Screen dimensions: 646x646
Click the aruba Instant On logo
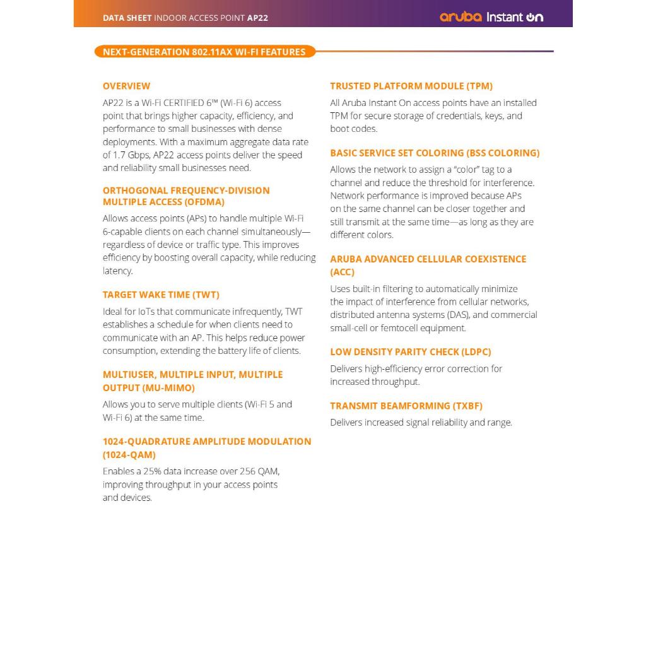click(491, 17)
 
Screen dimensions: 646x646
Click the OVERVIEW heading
click(126, 86)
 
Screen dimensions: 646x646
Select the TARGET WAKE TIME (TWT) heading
click(161, 295)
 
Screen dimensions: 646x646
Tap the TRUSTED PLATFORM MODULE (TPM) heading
click(411, 86)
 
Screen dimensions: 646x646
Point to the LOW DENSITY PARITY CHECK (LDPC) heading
click(410, 352)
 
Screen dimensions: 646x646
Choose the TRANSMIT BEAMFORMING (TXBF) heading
click(406, 406)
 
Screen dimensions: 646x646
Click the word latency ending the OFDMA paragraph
click(117, 271)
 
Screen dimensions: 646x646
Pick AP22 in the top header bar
click(257, 18)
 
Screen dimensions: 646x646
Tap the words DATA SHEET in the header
click(127, 18)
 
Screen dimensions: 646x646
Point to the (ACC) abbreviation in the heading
click(342, 272)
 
